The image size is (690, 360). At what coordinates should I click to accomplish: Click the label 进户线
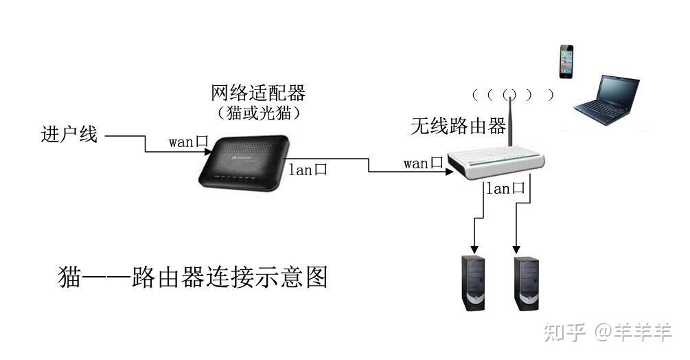click(69, 135)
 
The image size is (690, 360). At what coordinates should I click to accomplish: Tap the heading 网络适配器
click(257, 92)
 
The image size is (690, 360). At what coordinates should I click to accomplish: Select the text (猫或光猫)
click(257, 111)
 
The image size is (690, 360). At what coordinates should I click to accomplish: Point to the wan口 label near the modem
click(188, 143)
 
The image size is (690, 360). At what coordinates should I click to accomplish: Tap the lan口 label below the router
click(506, 188)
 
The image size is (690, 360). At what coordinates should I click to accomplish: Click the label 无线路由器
click(458, 126)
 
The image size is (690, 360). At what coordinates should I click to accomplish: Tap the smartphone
click(566, 62)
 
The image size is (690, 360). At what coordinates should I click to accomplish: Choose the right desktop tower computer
click(525, 282)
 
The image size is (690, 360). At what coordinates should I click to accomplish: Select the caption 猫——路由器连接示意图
click(193, 277)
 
